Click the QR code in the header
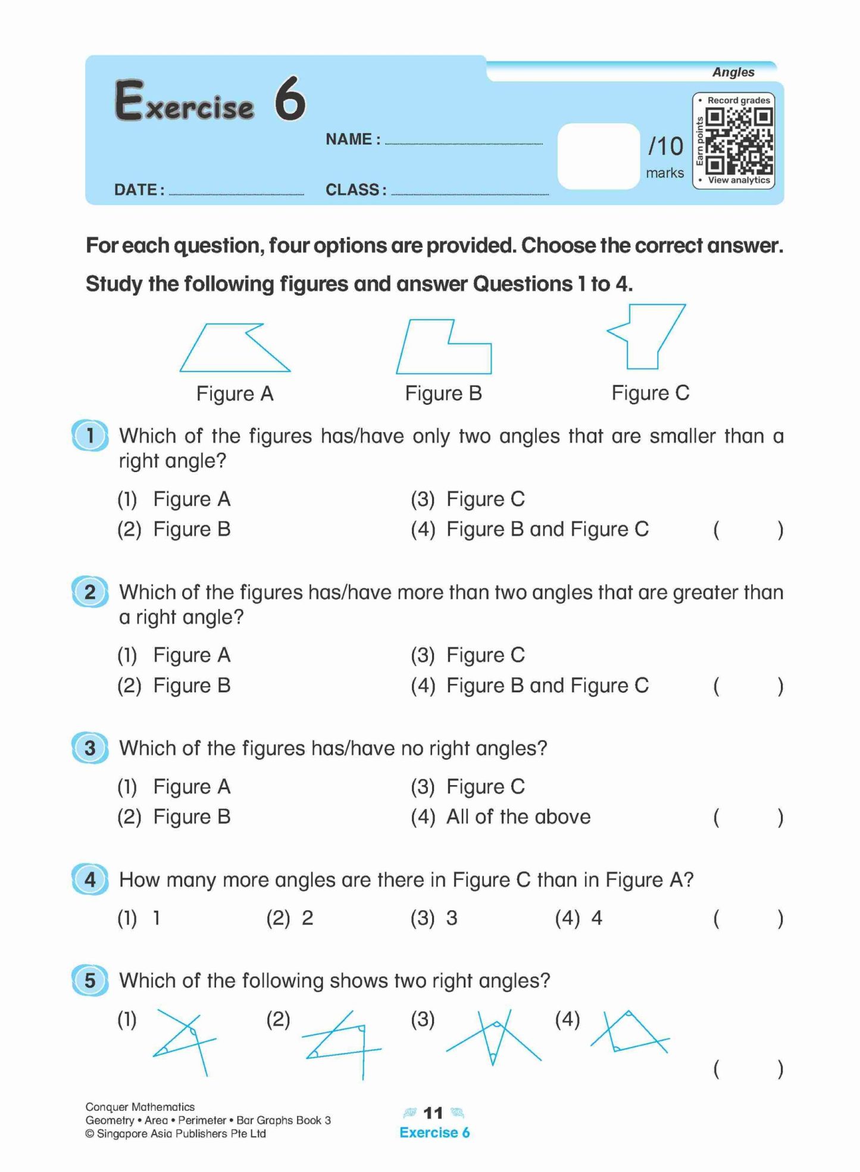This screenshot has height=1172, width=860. point(739,141)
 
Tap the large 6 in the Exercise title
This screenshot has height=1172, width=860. point(290,99)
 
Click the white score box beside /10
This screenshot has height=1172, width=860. point(598,156)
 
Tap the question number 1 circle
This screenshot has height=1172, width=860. point(90,435)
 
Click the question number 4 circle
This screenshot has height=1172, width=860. point(90,879)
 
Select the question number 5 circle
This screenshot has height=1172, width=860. point(90,980)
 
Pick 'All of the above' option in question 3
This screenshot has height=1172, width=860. point(518,817)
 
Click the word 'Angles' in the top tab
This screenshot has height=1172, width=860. point(733,72)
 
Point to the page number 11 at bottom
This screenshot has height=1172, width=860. point(433,1112)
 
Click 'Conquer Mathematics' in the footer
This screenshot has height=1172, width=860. point(140,1107)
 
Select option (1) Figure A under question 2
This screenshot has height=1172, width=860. point(191,655)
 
